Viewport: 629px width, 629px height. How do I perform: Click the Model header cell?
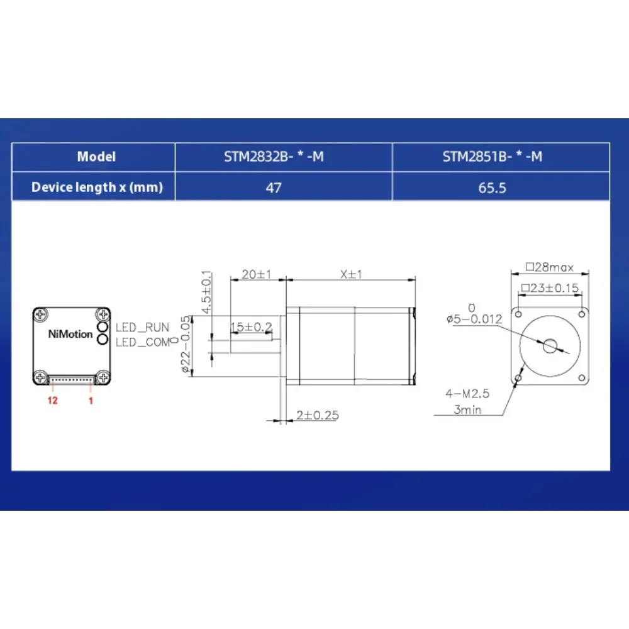click(x=96, y=157)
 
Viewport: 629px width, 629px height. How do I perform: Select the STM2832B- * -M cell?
click(x=274, y=157)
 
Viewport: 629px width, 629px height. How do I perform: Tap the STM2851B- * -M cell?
click(x=493, y=157)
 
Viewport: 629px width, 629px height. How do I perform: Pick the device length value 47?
click(x=274, y=187)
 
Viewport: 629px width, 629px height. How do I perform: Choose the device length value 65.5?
click(x=493, y=187)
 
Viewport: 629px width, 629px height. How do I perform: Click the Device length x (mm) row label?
click(x=97, y=187)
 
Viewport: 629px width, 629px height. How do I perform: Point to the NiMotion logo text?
click(x=70, y=334)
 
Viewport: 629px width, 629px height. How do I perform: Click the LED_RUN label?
click(x=142, y=327)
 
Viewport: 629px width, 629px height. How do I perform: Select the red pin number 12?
click(x=53, y=400)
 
